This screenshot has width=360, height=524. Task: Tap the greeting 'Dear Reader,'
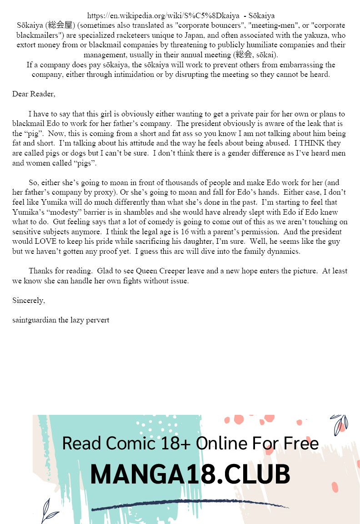pyautogui.click(x=34, y=94)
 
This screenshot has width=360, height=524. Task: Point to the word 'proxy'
pyautogui.click(x=101, y=192)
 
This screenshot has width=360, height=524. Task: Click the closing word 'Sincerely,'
pyautogui.click(x=29, y=300)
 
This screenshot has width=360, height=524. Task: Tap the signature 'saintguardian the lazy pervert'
pyautogui.click(x=61, y=320)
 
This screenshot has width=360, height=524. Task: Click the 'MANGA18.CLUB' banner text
pyautogui.click(x=190, y=474)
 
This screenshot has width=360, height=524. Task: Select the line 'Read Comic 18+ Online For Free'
pyautogui.click(x=190, y=443)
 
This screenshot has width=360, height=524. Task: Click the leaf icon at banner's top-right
pyautogui.click(x=339, y=424)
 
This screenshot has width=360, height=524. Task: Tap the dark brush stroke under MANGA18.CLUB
pyautogui.click(x=190, y=506)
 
